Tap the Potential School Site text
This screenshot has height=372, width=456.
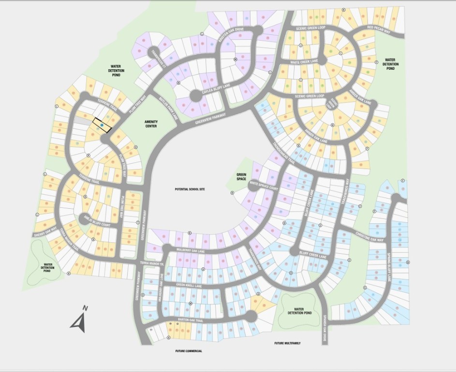pos(190,189)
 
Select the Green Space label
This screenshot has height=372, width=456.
pos(241,177)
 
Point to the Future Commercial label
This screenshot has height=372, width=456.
pos(189,351)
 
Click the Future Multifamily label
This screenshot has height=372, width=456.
pos(287,343)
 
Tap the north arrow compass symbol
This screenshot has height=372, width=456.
pos(79,320)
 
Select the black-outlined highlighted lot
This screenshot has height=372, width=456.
pos(102,125)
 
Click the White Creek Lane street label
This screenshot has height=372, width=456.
pos(304,62)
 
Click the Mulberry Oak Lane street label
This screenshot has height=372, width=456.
pos(191,251)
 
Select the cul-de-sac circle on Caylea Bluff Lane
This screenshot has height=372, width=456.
pos(196,96)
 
